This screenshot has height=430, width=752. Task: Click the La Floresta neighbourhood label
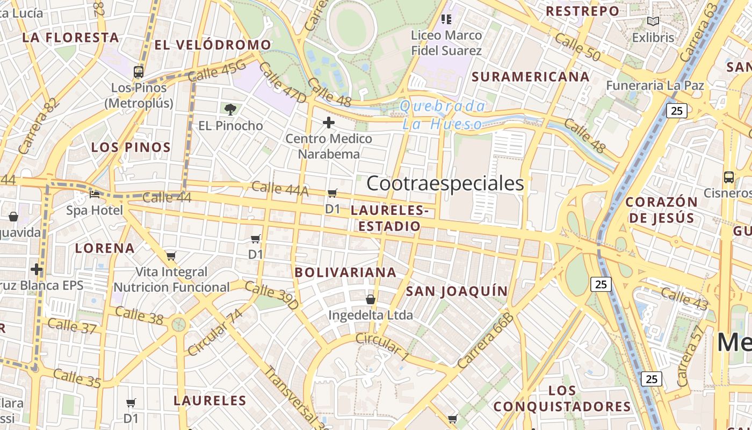click(x=70, y=38)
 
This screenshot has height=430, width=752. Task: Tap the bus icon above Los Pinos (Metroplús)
click(x=139, y=71)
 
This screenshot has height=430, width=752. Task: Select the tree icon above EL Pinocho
click(x=230, y=110)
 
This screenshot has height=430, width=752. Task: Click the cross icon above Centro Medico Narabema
click(x=328, y=123)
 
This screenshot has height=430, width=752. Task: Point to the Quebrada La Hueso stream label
click(x=442, y=114)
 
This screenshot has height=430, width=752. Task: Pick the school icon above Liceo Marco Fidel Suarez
click(x=446, y=20)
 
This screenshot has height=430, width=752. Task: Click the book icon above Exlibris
click(x=653, y=22)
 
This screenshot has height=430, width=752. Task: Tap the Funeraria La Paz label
click(x=655, y=85)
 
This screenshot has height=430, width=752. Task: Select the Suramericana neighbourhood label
click(x=530, y=77)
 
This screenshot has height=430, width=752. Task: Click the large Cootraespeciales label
click(x=445, y=183)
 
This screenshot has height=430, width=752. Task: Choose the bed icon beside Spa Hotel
click(x=95, y=195)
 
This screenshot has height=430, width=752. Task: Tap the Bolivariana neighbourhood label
click(x=345, y=273)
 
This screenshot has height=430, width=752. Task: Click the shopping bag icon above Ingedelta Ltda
click(x=370, y=299)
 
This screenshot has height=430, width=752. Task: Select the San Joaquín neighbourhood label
click(x=456, y=291)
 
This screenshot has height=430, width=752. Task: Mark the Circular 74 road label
click(x=215, y=333)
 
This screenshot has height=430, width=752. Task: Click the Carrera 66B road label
click(x=486, y=341)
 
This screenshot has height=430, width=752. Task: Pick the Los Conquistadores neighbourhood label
click(x=562, y=398)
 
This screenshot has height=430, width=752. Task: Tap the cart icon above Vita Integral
click(x=171, y=256)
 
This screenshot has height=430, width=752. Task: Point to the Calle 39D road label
click(x=271, y=295)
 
